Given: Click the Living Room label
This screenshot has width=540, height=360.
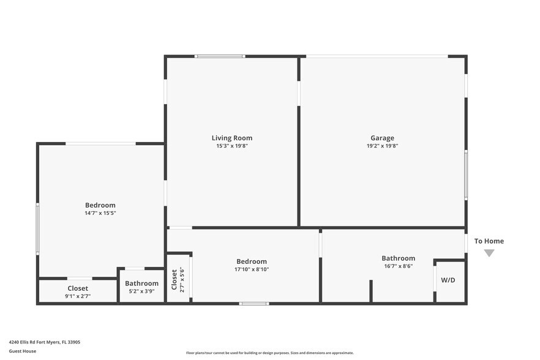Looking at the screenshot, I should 231,138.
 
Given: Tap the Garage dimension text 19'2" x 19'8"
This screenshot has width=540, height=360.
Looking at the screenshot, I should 382,146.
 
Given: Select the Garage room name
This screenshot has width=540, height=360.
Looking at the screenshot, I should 382,138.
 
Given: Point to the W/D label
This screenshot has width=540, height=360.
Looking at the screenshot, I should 448,280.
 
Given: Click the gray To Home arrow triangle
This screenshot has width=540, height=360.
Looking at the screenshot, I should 489,253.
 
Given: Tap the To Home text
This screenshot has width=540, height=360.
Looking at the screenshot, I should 489,241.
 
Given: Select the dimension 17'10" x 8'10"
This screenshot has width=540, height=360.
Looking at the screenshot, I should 251,269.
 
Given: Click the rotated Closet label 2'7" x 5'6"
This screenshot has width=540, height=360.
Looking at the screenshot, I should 178,279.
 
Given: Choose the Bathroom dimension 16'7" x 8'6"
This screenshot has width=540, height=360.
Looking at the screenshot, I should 398,266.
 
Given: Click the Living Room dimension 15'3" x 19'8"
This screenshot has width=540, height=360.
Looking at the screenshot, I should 231,146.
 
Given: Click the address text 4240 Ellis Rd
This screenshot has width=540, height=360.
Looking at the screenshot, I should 44,342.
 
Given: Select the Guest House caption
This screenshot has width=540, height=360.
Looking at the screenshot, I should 22,351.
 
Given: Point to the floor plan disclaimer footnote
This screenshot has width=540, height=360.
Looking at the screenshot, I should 269,353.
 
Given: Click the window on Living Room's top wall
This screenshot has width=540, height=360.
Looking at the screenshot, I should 220,56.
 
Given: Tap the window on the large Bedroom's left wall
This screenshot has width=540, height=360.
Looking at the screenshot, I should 37,229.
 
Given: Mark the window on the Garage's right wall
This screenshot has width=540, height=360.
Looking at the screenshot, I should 466,174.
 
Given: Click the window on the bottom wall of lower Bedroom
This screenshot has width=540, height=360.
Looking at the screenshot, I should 253,303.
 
